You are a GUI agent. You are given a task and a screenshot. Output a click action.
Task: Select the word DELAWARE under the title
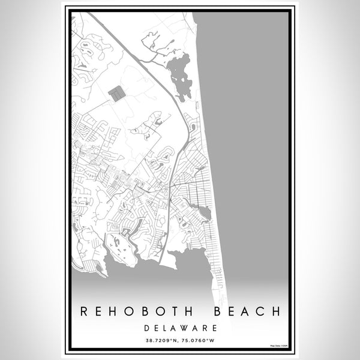point(180,328)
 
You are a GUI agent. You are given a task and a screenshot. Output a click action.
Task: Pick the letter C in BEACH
point(259,312)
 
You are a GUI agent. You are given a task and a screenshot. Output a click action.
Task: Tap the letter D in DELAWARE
point(147,328)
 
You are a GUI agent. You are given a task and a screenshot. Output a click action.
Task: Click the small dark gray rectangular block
point(117,93)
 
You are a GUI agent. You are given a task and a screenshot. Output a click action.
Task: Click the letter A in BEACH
point(245,312)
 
